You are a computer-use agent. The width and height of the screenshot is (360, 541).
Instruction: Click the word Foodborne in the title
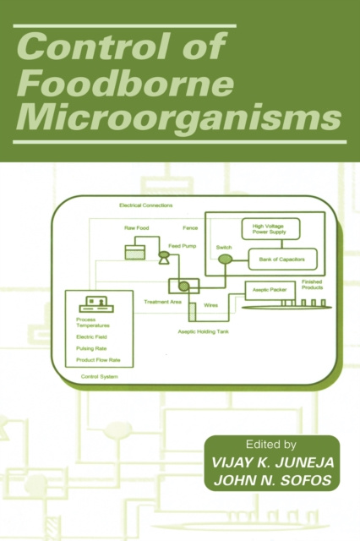click(x=125, y=84)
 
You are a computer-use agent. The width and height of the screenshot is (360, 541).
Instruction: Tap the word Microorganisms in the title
click(x=179, y=118)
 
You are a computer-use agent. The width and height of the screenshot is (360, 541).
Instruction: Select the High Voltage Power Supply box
click(x=270, y=229)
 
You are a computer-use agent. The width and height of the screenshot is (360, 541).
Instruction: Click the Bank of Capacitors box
click(x=282, y=260)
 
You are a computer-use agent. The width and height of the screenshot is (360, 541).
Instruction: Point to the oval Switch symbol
click(x=225, y=259)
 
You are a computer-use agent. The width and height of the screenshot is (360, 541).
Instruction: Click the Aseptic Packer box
click(x=270, y=291)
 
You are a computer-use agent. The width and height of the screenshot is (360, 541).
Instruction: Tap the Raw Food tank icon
click(x=135, y=252)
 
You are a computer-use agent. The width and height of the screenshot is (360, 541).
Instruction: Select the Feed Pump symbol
click(x=163, y=257)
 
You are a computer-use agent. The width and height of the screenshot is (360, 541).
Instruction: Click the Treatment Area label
click(x=162, y=302)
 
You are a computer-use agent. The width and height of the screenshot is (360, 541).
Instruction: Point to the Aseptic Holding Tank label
click(x=203, y=331)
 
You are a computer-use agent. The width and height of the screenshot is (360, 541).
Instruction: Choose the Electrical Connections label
click(x=146, y=205)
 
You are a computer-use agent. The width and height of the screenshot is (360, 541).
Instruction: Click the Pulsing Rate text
click(x=91, y=348)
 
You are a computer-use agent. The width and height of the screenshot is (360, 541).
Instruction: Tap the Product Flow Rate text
click(x=98, y=360)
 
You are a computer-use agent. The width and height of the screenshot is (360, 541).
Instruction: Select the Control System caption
click(x=100, y=376)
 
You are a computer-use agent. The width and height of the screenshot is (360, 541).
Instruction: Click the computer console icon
click(x=96, y=304)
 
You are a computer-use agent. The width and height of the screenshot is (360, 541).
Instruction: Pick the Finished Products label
click(x=313, y=285)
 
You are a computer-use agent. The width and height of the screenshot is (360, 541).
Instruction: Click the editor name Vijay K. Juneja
click(x=272, y=462)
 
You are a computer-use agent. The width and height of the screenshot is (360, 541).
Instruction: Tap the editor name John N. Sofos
click(x=272, y=480)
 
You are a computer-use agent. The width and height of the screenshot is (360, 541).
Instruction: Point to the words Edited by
click(x=271, y=445)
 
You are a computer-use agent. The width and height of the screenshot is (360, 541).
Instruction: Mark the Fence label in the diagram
click(x=190, y=227)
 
